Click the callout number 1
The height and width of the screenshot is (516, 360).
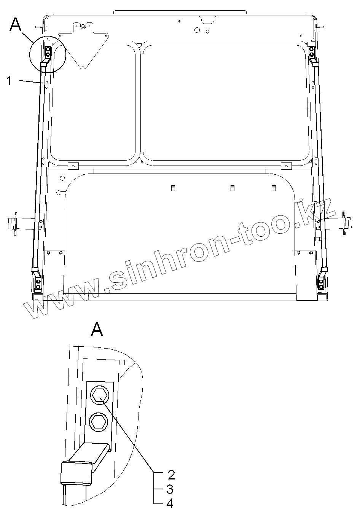(x=9, y=81)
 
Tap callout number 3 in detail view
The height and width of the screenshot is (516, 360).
(x=170, y=489)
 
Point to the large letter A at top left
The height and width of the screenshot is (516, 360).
(x=16, y=24)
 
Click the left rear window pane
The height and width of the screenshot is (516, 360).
(x=93, y=103)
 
